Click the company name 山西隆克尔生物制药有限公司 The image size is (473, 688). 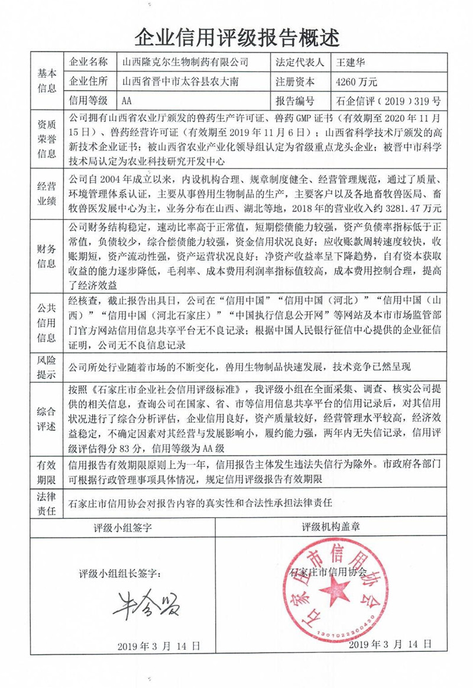click(184, 62)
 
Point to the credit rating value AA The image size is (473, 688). click(127, 101)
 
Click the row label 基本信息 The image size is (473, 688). click(47, 81)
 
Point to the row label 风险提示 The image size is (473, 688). click(47, 367)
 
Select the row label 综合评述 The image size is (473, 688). click(47, 418)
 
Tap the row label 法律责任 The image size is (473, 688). click(47, 503)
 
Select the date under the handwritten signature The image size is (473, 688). click(158, 645)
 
